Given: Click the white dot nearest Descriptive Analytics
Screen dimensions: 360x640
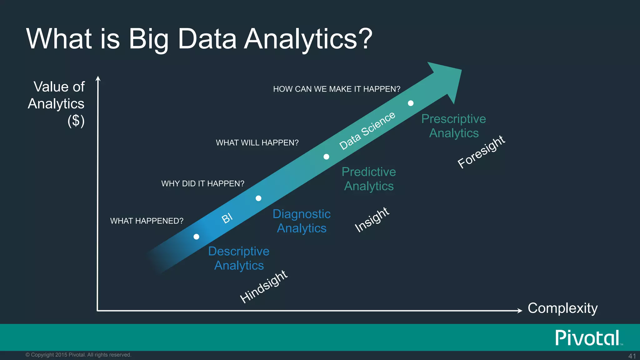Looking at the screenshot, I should (x=196, y=237).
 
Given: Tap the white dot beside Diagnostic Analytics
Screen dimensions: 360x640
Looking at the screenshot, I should (x=258, y=198).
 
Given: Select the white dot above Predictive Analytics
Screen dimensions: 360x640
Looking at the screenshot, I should (x=326, y=157).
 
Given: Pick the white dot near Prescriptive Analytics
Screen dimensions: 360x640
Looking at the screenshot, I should (x=411, y=103).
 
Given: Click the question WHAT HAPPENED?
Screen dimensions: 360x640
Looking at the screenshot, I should (x=147, y=221).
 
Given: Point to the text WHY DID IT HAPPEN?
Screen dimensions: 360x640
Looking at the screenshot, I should (x=202, y=183).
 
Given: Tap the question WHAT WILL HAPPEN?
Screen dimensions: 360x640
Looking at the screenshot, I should (x=257, y=143).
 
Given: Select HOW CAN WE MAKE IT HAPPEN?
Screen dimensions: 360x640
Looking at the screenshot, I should (x=337, y=89).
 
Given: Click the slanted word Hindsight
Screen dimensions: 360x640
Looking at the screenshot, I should (x=263, y=287).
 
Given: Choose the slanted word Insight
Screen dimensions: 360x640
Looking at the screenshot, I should (x=372, y=220).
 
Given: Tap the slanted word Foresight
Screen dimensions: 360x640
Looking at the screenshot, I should (x=481, y=152).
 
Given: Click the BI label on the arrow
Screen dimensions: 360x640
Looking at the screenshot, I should (x=227, y=218).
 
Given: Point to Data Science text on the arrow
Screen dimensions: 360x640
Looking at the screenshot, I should (x=367, y=131).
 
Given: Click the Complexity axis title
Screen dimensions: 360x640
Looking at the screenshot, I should (x=562, y=308).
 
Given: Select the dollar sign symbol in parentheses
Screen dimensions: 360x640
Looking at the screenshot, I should (x=76, y=121).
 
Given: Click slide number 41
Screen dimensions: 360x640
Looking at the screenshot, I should (x=632, y=356).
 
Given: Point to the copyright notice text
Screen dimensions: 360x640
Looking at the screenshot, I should (x=78, y=355).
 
